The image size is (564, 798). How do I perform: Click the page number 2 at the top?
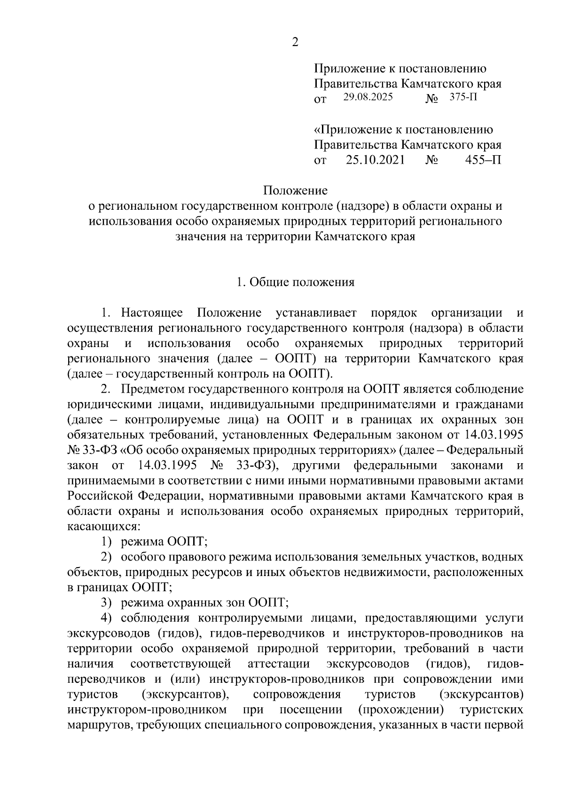[295, 42]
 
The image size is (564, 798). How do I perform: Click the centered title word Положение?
[295, 191]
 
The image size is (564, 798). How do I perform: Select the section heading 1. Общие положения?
[295, 282]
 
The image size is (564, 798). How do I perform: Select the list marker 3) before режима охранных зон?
[107, 602]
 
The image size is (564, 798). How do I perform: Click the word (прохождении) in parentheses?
[401, 709]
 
